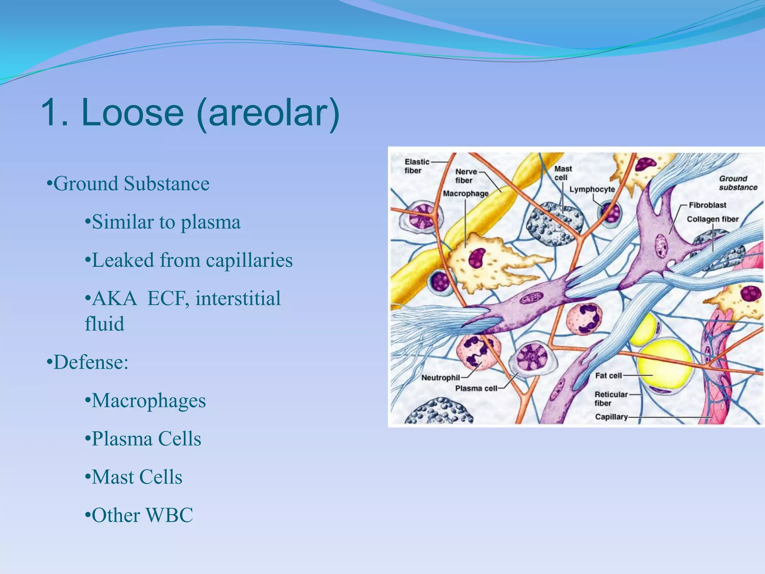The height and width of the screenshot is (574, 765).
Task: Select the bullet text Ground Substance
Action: [131, 184]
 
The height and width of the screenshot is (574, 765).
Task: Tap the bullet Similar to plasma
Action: [166, 222]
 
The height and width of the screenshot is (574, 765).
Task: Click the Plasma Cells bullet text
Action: [146, 439]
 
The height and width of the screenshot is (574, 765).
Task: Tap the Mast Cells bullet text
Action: [137, 478]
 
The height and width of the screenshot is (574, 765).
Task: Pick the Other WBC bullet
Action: [142, 516]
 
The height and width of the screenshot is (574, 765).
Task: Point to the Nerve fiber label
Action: [465, 176]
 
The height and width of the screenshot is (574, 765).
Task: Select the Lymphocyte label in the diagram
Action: [592, 189]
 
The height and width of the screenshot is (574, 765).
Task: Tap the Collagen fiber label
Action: [712, 219]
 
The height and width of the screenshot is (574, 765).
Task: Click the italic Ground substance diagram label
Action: [738, 183]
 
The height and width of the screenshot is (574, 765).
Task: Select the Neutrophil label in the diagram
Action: [440, 378]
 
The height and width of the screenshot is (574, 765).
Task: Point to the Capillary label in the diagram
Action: [611, 417]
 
